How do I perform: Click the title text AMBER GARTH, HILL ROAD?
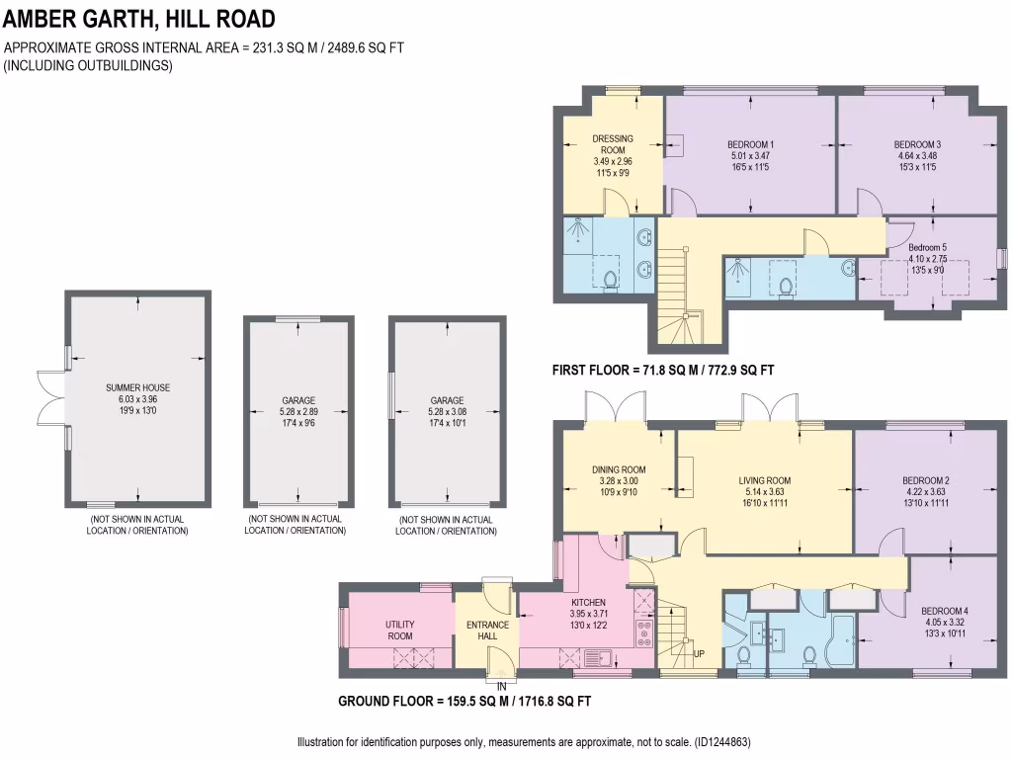pos(139,19)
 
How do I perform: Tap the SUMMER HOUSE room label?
pos(138,388)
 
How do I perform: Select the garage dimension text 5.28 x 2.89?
pos(298,413)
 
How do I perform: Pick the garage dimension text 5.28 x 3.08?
pos(446,413)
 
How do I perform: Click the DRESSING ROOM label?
pos(613,144)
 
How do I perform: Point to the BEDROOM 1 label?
pos(750,144)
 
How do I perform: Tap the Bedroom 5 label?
pos(928,247)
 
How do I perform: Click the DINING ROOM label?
pos(620,469)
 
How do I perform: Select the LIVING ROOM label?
pos(765,481)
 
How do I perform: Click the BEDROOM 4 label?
pos(944,611)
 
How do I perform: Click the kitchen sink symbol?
pos(596,654)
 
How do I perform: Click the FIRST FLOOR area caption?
pos(662,371)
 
